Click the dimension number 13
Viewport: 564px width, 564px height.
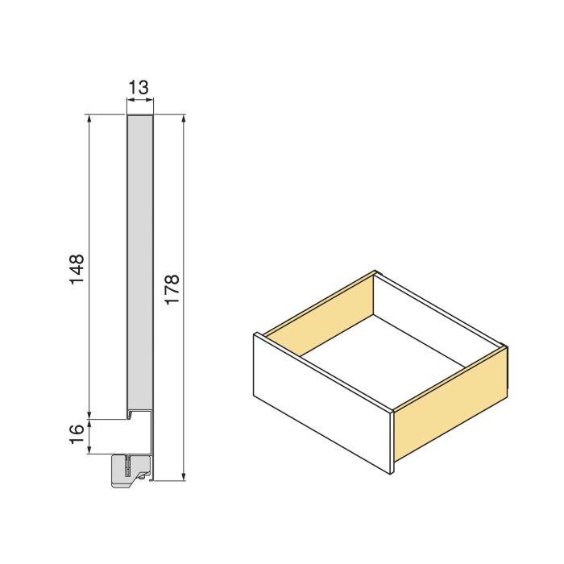tap(139, 87)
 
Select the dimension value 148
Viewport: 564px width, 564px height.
tap(77, 273)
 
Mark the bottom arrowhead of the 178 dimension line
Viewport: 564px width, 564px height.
tap(185, 476)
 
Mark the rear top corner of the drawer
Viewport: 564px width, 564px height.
tap(376, 272)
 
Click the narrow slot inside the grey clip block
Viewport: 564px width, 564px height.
tap(127, 465)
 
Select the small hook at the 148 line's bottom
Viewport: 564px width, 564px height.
tap(129, 417)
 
